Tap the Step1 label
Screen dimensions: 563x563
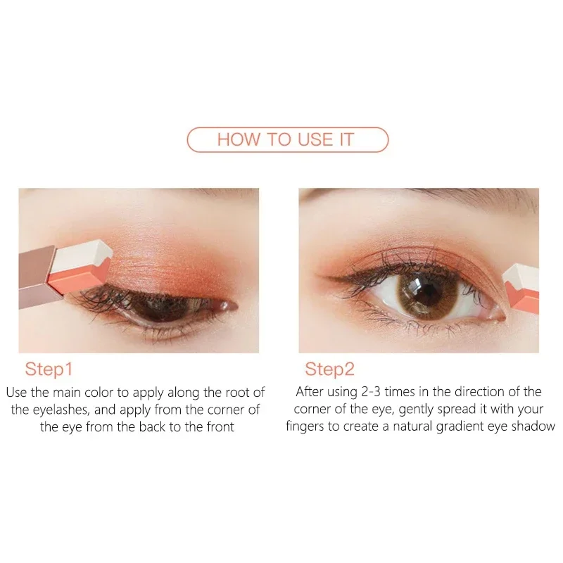coord(49,369)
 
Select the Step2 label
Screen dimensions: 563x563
coord(329,369)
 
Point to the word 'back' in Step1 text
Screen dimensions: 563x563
coord(159,426)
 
